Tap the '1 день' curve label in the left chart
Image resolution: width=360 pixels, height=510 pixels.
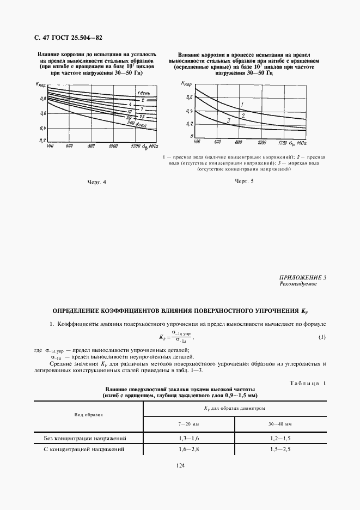(x=144, y=92)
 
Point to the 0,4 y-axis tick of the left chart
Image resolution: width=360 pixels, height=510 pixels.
(x=42, y=128)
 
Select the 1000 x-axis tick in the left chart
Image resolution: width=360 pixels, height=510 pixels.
(x=113, y=147)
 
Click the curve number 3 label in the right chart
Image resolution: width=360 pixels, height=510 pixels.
(x=229, y=120)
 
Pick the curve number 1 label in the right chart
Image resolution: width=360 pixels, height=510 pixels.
(x=241, y=104)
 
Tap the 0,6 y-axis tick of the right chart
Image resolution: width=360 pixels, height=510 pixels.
(x=190, y=97)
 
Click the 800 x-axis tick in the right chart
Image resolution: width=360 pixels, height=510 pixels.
(x=238, y=142)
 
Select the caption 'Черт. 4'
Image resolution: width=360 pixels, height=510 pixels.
(x=96, y=181)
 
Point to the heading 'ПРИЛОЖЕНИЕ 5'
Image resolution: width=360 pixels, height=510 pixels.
(x=302, y=277)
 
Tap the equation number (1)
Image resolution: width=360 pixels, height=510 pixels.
(x=322, y=337)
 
